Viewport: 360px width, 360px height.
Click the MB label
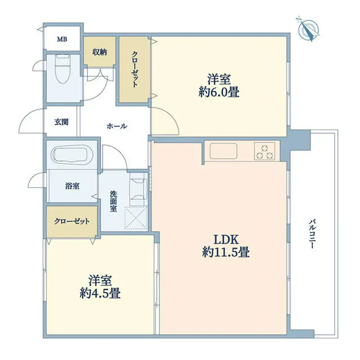62,39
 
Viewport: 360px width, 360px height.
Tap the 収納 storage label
100,52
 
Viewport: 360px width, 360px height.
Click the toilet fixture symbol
63,69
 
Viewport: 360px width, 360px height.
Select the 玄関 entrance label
61,122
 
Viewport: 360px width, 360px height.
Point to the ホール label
117,126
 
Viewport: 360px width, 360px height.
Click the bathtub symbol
72,156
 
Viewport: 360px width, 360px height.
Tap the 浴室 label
72,186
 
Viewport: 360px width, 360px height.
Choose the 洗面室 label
113,201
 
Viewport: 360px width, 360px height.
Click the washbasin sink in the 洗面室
139,189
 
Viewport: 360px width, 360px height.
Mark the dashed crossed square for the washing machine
136,218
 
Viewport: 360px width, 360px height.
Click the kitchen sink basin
223,151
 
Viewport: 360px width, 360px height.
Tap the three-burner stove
265,151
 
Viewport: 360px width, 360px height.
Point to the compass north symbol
309,29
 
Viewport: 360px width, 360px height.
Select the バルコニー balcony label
312,234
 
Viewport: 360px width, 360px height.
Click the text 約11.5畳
226,252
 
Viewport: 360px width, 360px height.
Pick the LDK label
227,240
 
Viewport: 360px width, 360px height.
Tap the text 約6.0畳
219,92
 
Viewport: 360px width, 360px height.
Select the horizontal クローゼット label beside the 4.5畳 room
72,221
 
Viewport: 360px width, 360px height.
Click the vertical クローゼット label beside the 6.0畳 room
135,69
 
